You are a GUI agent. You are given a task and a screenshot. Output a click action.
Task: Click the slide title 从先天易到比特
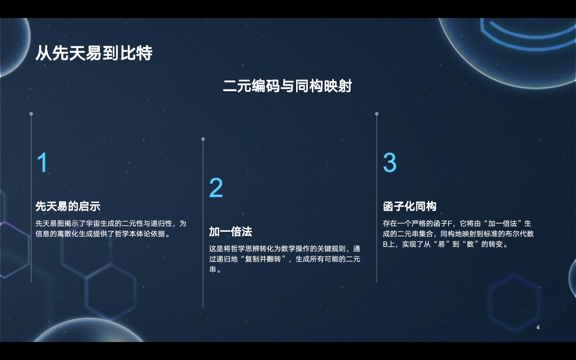[94, 53]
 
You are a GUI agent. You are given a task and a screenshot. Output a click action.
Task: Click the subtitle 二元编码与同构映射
[288, 86]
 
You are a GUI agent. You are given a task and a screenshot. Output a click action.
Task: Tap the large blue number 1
[42, 162]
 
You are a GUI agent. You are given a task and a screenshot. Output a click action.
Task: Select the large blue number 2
[216, 188]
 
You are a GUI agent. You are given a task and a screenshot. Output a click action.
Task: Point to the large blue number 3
[390, 162]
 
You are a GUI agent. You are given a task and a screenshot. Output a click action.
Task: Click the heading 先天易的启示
[68, 206]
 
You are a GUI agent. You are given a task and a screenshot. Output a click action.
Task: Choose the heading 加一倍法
[231, 232]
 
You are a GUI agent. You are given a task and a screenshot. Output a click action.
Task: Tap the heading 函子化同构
[409, 206]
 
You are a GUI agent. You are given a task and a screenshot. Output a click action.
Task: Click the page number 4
[538, 327]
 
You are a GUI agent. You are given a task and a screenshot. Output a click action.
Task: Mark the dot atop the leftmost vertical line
[31, 114]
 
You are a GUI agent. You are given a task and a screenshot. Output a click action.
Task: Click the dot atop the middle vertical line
[203, 139]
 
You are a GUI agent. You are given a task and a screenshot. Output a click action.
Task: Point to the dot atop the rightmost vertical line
[377, 114]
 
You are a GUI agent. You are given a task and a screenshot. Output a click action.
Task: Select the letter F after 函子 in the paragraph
[450, 224]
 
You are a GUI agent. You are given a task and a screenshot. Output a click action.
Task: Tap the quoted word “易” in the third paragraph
[441, 244]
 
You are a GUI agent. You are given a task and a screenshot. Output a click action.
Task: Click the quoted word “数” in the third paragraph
[470, 244]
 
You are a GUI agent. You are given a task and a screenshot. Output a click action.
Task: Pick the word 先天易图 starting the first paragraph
[49, 224]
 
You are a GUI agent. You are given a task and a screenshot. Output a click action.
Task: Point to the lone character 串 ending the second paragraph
[213, 270]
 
